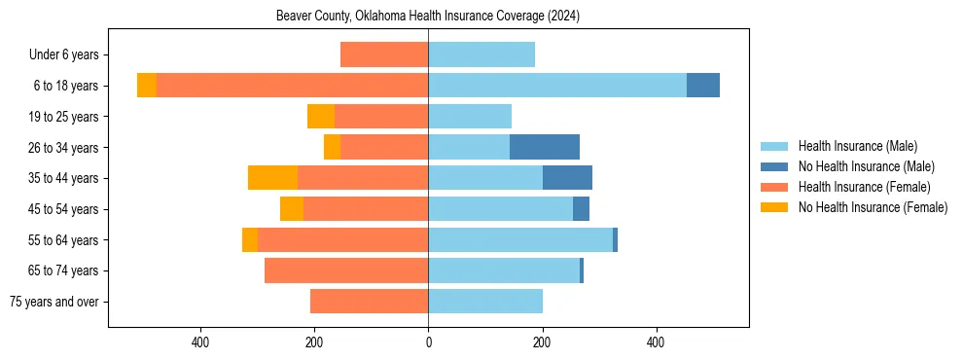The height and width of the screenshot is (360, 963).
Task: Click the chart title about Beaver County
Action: pos(428,16)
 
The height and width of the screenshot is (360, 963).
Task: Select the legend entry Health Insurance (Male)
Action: pos(857,146)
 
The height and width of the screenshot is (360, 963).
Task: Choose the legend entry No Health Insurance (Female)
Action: pos(873,207)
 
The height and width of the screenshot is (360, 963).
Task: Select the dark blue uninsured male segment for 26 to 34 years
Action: pos(545,147)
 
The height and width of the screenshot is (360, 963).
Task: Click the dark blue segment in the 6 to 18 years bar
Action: pos(703,86)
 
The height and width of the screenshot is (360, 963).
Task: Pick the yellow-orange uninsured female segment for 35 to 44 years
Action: pos(272,178)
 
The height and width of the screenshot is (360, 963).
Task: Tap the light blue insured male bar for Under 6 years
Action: pos(481,54)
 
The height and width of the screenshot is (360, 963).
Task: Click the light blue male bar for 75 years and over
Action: pos(485,302)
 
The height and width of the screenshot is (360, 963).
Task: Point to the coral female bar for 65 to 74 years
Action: pos(346,270)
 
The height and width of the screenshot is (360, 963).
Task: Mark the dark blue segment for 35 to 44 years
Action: pos(567,178)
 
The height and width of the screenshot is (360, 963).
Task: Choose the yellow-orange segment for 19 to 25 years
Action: pos(321,117)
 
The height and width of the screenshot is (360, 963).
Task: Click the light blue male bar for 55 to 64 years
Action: pos(520,239)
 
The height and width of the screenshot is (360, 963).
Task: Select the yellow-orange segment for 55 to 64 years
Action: pos(250,239)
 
